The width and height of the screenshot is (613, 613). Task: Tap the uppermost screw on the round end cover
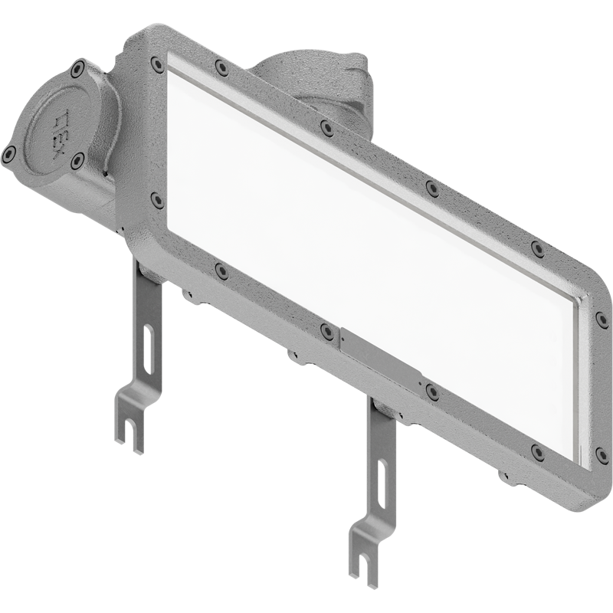pos(77,69)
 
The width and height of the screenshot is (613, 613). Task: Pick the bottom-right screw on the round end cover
pos(77,161)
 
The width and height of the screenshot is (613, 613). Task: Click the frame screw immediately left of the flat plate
pos(327,331)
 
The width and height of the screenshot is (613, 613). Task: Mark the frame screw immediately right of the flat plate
pos(432,392)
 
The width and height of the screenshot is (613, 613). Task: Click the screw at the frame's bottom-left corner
pos(157,200)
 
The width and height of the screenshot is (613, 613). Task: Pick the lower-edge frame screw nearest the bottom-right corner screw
pos(538,452)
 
